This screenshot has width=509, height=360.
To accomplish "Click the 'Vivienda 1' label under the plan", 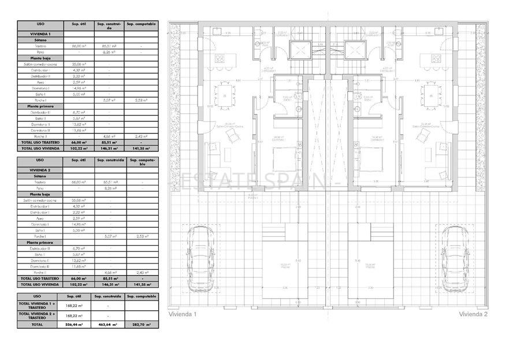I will click(183, 314).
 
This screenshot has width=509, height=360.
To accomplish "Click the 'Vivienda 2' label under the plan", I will click(473, 314).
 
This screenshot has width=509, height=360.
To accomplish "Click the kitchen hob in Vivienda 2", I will click(436, 58).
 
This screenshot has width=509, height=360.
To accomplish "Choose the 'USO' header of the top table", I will click(40, 25).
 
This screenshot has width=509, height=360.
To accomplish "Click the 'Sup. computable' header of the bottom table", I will click(141, 296).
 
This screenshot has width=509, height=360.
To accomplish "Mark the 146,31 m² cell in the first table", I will click(109, 148).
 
